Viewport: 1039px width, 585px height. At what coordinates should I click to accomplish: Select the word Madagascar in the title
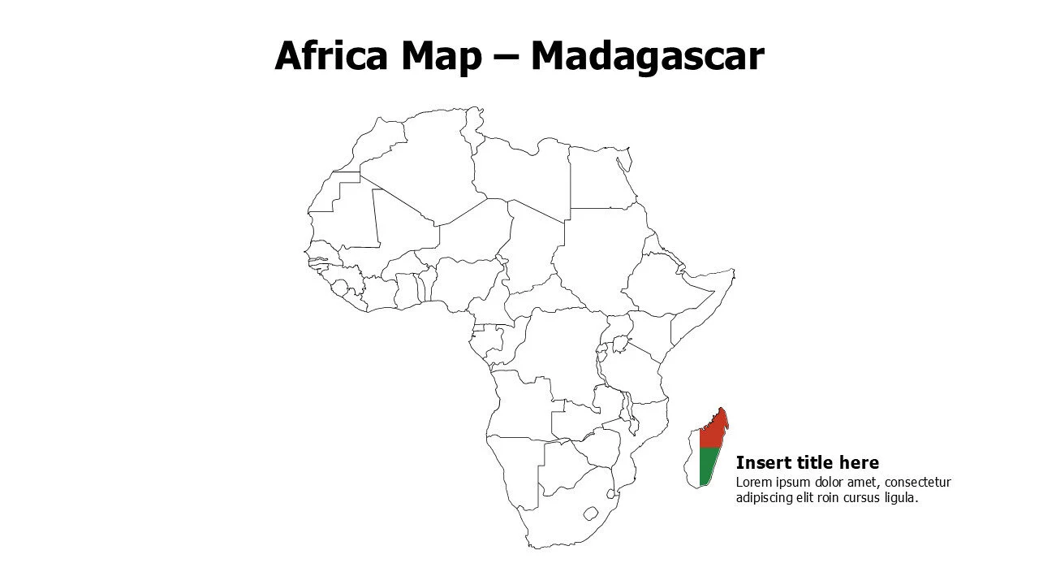click(647, 57)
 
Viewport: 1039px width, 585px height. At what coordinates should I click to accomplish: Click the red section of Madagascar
click(711, 431)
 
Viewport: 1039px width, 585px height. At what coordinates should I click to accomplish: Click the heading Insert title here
click(807, 463)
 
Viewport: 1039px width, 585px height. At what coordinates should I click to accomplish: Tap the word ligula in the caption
click(899, 498)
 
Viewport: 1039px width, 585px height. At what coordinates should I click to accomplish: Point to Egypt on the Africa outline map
click(601, 179)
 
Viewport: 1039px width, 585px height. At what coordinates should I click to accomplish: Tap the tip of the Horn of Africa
click(733, 272)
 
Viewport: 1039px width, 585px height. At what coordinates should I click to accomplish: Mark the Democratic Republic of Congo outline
click(560, 349)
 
